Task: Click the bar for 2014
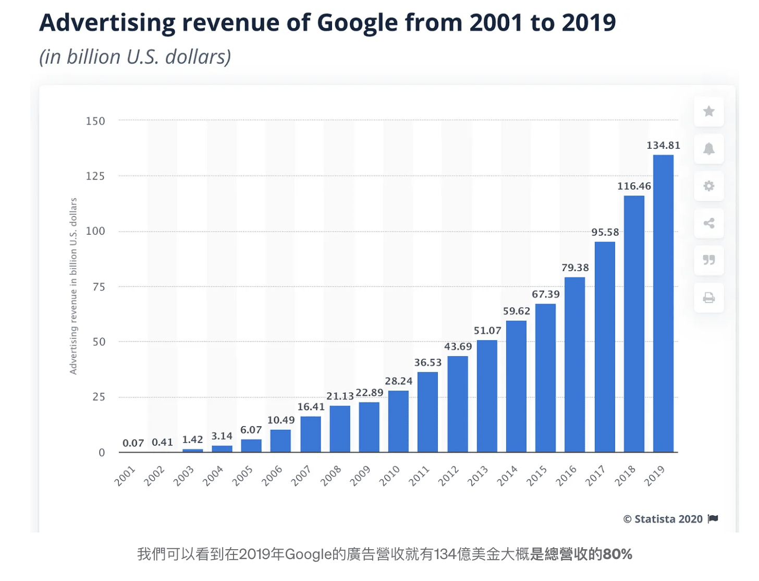(x=516, y=386)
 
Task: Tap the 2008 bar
(x=340, y=429)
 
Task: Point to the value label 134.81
(x=663, y=146)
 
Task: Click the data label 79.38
(x=575, y=268)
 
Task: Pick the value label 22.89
(x=370, y=393)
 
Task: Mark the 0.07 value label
(x=133, y=443)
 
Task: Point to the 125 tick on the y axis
(x=95, y=176)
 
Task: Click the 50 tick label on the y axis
(x=99, y=342)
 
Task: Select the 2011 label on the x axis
(x=419, y=476)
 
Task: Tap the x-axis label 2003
(x=183, y=476)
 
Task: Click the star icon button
(x=709, y=111)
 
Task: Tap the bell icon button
(x=709, y=149)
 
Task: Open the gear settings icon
(x=709, y=186)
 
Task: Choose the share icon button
(x=709, y=224)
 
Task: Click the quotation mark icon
(x=709, y=260)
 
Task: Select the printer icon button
(x=709, y=298)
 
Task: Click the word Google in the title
(x=357, y=23)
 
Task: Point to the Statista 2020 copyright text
(x=663, y=519)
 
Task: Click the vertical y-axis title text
(x=74, y=286)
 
